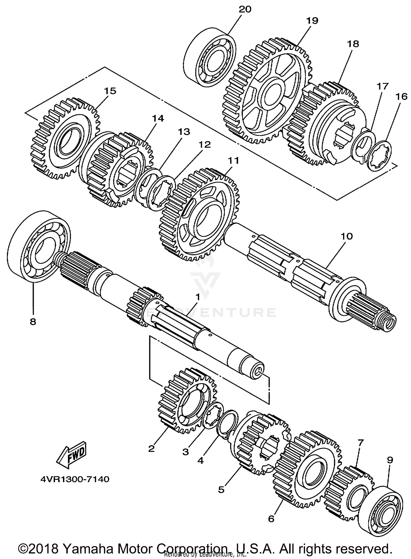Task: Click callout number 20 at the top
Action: point(245,9)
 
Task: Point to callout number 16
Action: point(401,96)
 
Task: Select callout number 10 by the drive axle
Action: point(347,236)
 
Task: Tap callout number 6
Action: point(271,519)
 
